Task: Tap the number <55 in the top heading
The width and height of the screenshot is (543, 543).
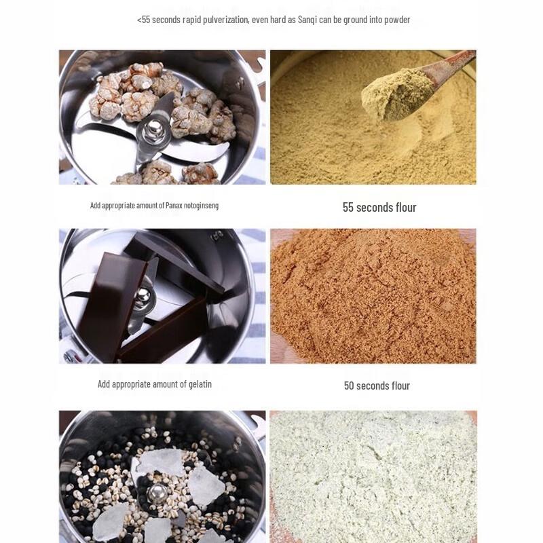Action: coord(144,20)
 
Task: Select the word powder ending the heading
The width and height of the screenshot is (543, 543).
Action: coord(397,20)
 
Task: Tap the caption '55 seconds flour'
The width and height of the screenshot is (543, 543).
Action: coord(379,208)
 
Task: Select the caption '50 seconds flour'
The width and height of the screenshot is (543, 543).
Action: coord(377,386)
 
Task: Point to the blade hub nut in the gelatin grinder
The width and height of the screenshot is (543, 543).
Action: coord(143,297)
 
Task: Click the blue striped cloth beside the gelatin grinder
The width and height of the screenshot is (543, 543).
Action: coord(257,326)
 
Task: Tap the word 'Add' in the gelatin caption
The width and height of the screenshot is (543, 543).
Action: coord(104,384)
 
